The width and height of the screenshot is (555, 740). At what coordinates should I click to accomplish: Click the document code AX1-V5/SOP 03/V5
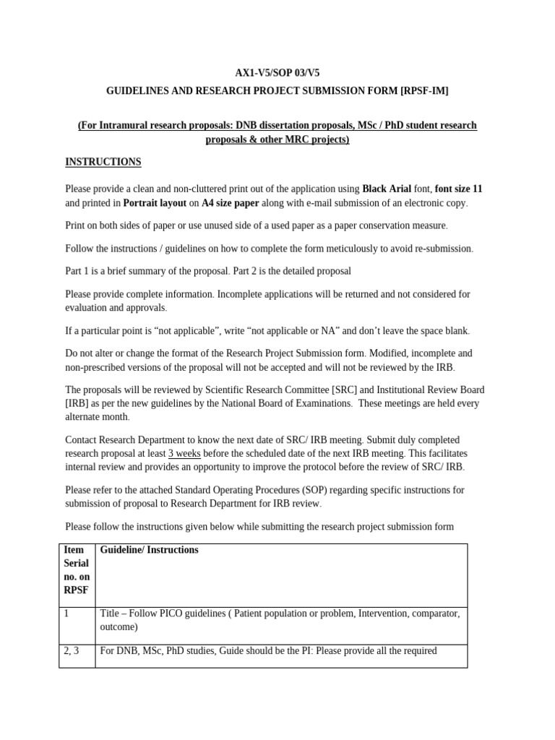pyautogui.click(x=277, y=74)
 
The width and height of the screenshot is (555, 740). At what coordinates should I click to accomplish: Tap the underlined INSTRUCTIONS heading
pyautogui.click(x=103, y=162)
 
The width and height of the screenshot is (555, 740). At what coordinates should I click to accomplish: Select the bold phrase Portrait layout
pyautogui.click(x=155, y=203)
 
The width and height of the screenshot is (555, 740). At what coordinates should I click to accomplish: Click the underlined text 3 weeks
pyautogui.click(x=184, y=454)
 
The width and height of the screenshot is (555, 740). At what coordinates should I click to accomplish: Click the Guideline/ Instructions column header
pyautogui.click(x=149, y=550)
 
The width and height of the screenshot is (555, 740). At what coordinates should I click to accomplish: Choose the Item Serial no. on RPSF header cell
pyautogui.click(x=76, y=569)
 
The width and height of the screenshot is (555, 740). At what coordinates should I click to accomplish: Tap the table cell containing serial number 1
pyautogui.click(x=76, y=620)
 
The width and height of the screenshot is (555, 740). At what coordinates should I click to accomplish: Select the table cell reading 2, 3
pyautogui.click(x=76, y=651)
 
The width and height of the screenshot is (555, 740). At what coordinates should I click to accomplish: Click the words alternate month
pyautogui.click(x=97, y=417)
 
